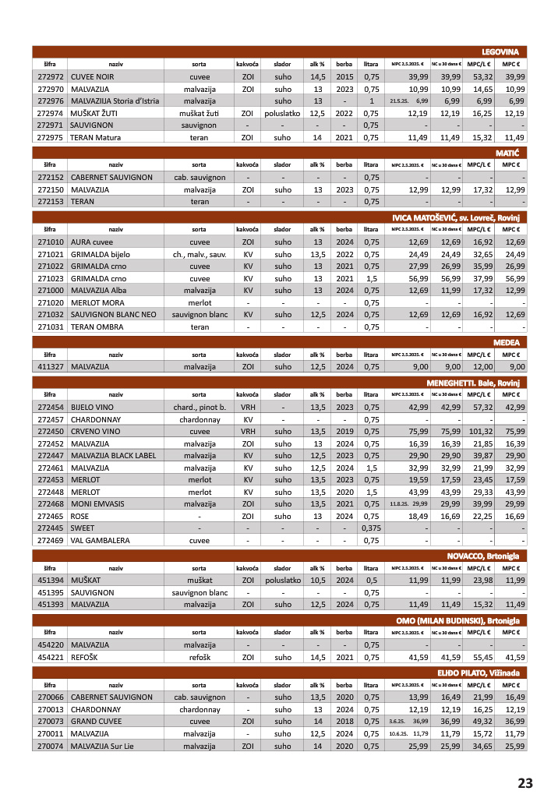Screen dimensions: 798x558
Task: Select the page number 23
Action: click(x=524, y=782)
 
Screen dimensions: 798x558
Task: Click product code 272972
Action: click(x=50, y=77)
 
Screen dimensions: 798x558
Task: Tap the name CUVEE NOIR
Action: click(x=92, y=77)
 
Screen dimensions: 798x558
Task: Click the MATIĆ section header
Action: click(x=511, y=154)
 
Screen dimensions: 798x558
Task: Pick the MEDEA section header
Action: click(x=510, y=341)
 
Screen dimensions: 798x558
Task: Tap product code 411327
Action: click(x=50, y=366)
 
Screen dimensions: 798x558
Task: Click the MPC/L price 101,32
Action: click(x=479, y=431)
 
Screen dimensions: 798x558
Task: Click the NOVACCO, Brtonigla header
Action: click(x=482, y=556)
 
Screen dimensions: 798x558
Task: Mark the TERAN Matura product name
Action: click(x=96, y=137)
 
